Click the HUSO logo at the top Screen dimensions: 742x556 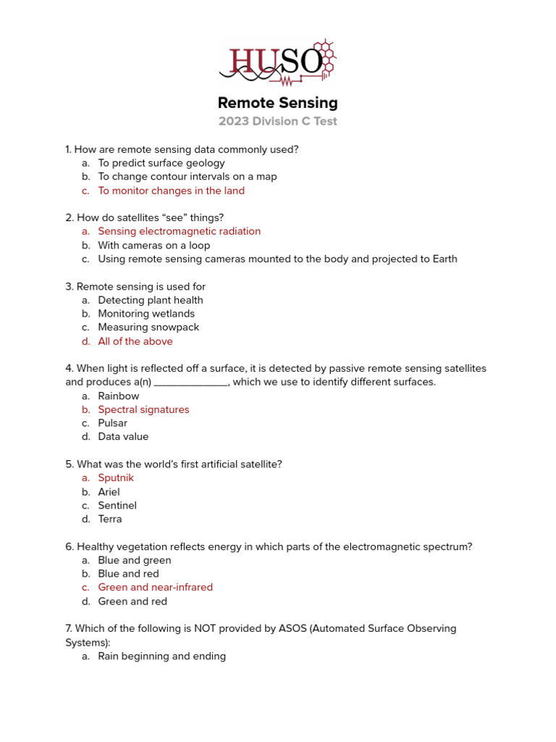[278, 62]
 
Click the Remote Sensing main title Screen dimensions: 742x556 [278, 103]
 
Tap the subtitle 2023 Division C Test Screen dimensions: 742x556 [278, 122]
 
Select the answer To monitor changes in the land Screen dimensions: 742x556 [171, 191]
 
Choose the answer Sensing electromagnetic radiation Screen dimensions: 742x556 [179, 231]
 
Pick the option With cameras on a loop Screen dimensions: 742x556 [155, 245]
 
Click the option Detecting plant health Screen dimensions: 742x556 [151, 300]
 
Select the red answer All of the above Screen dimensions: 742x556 [135, 341]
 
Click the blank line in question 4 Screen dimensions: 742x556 [191, 383]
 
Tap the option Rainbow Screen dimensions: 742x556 [119, 396]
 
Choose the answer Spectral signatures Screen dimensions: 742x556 [143, 409]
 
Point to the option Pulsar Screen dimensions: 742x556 [113, 423]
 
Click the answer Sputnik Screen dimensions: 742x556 [116, 478]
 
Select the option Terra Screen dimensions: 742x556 [110, 519]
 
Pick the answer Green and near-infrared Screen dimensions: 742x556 [155, 587]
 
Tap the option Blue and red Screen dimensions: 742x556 [128, 574]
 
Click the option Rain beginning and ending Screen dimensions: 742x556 [161, 656]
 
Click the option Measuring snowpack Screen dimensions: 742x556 [148, 328]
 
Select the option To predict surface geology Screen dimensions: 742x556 [161, 163]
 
